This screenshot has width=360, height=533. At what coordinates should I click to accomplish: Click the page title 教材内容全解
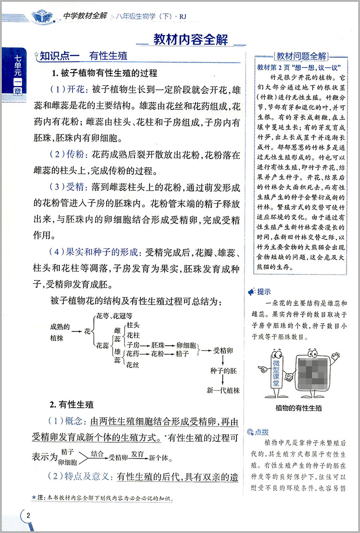(x=190, y=39)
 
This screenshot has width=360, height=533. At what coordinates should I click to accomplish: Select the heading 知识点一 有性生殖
(x=83, y=57)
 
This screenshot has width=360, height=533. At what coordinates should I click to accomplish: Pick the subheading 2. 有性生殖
(x=72, y=404)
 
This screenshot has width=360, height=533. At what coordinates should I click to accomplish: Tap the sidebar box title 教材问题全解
(x=301, y=57)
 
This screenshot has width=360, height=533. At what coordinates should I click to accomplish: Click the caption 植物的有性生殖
(x=298, y=408)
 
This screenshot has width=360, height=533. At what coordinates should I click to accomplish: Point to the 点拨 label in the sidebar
(x=264, y=431)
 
